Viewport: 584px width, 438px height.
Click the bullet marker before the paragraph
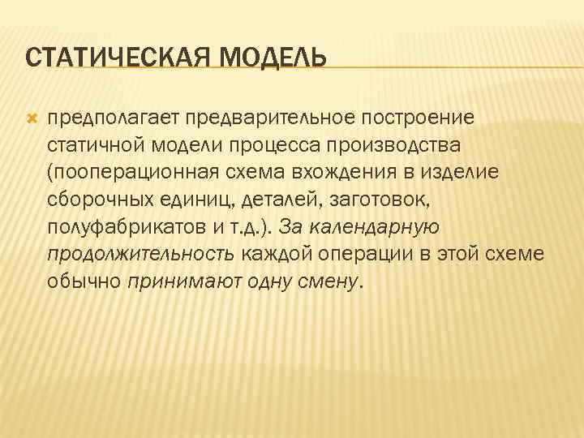(x=32, y=118)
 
